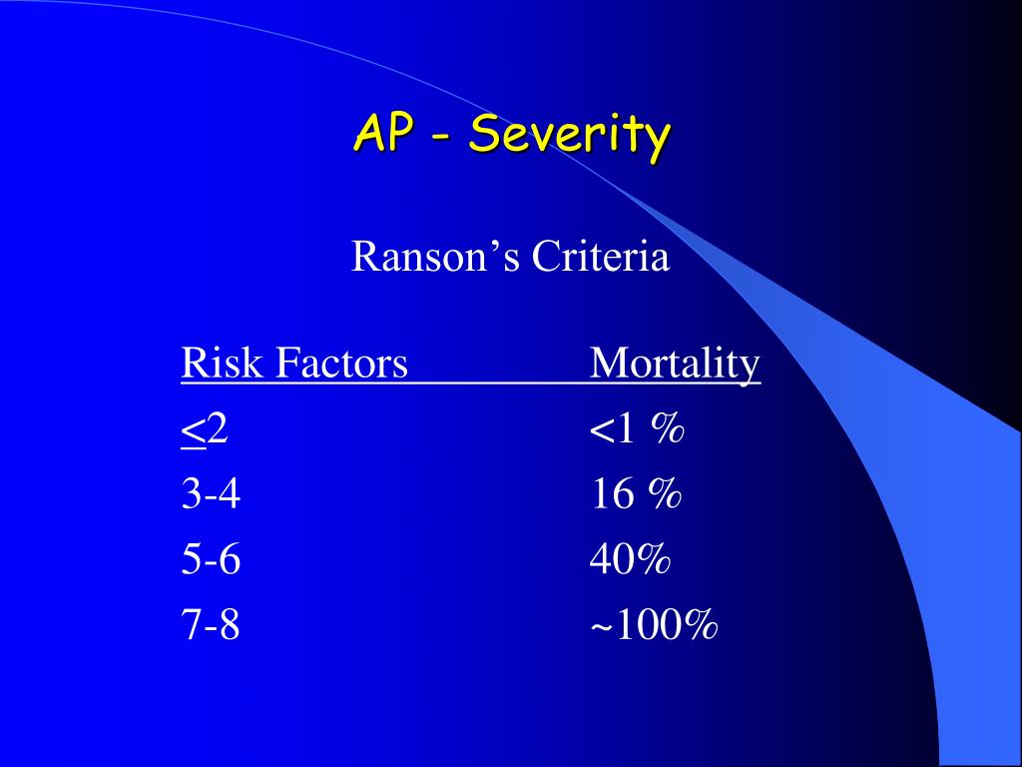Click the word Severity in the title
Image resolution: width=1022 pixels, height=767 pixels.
(569, 135)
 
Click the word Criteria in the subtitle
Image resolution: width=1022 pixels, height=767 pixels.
(600, 258)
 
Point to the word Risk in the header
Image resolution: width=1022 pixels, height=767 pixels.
(219, 363)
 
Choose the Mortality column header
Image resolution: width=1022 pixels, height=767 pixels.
(675, 364)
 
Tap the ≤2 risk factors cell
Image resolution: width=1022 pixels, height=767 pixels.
(205, 429)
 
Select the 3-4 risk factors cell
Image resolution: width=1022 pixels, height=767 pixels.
(211, 494)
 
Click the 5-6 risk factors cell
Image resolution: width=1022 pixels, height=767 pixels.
(211, 560)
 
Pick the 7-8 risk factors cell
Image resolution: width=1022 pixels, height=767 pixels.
(211, 626)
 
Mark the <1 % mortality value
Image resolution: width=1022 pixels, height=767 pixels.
(637, 429)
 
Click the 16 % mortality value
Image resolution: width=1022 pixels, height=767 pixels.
(635, 494)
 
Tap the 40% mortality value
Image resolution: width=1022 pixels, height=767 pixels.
(630, 560)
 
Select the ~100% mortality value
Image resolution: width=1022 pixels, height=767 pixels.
(654, 626)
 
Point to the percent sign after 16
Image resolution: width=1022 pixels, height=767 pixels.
(664, 494)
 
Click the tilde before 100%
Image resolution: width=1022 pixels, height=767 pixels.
(600, 628)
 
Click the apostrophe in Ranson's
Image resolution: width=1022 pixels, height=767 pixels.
(496, 247)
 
